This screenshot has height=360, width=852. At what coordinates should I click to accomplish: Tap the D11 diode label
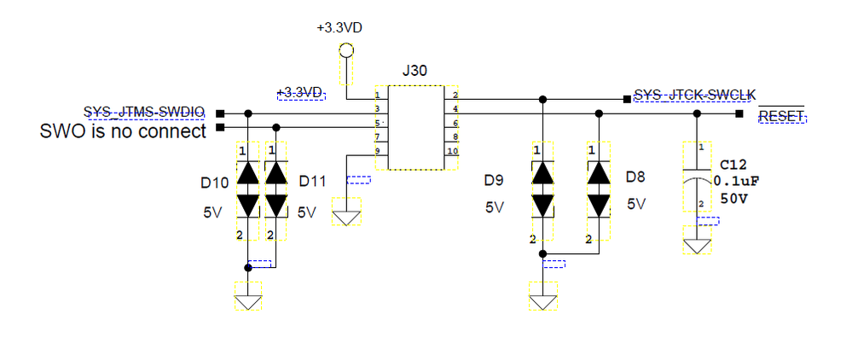[313, 182]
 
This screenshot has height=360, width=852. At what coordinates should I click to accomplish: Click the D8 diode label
[636, 177]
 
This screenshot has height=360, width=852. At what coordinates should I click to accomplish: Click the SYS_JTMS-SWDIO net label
[144, 111]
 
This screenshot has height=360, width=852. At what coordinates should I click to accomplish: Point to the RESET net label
[782, 116]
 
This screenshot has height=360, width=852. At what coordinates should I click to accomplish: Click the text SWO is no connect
[124, 131]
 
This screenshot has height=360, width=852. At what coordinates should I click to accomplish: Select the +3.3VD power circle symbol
[345, 50]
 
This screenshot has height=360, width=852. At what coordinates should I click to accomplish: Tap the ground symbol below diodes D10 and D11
[248, 301]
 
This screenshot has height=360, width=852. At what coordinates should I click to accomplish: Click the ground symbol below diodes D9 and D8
[542, 301]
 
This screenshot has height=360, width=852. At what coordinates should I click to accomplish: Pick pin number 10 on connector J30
[452, 151]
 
